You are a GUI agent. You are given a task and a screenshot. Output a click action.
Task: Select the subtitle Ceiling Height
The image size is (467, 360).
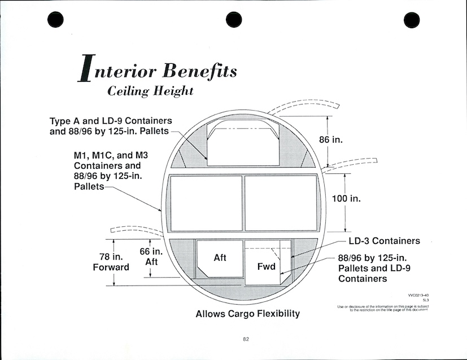tap(150, 91)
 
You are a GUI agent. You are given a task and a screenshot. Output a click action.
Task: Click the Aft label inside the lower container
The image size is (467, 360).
tap(220, 257)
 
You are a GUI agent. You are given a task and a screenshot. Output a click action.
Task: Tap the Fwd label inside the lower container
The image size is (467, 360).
tap(266, 266)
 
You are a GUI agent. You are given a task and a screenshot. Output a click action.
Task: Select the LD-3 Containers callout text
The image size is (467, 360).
tap(384, 241)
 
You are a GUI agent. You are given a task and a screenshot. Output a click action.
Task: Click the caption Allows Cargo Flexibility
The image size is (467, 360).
tap(247, 314)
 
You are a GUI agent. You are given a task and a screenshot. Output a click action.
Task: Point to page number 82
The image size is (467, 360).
tap(246, 339)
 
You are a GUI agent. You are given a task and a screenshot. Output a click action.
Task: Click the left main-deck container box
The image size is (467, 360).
tap(206, 203)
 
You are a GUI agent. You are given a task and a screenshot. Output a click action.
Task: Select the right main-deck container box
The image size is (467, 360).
tap(281, 203)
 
